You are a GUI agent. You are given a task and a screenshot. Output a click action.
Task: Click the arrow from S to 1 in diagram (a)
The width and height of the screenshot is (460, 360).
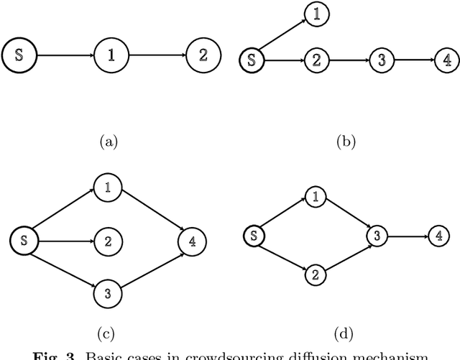click(x=66, y=55)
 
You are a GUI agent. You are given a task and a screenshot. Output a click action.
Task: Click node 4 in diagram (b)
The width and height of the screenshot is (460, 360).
click(x=446, y=60)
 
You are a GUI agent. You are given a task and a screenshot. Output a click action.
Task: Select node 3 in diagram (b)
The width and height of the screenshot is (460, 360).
click(x=381, y=60)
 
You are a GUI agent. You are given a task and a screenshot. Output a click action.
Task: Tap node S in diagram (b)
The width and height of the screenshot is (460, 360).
click(x=251, y=59)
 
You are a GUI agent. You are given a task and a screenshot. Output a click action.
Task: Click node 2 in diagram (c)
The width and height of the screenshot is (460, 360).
click(x=107, y=241)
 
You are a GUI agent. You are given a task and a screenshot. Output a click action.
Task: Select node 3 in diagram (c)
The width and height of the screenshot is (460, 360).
click(x=107, y=292)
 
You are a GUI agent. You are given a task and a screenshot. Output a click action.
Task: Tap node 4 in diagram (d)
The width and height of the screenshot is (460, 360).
click(x=436, y=235)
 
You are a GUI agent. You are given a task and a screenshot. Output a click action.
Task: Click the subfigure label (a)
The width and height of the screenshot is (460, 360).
click(x=108, y=142)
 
